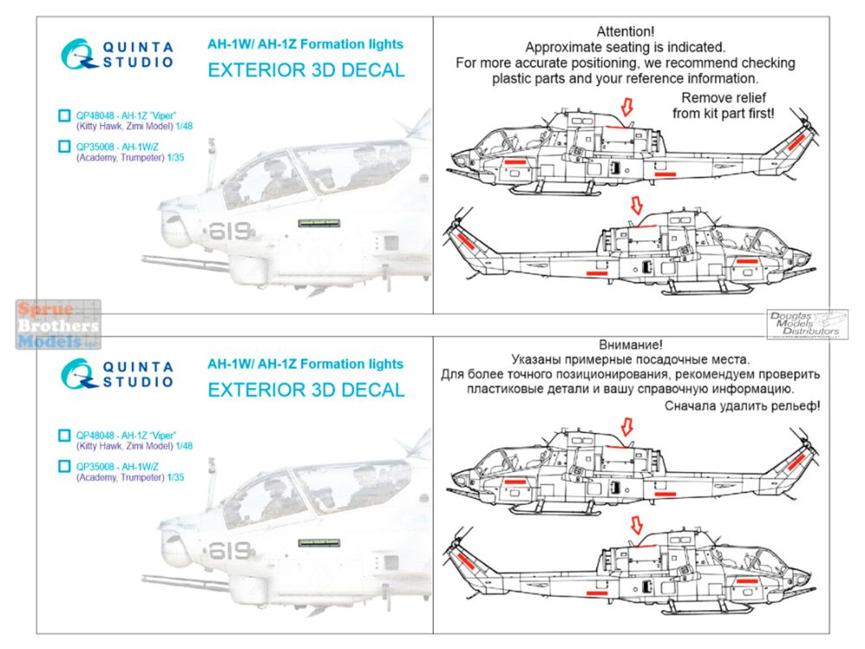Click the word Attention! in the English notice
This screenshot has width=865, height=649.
click(625, 31)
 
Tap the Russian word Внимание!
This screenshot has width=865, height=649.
click(631, 344)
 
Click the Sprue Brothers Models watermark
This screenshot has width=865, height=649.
click(57, 325)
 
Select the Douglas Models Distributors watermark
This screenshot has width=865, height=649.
click(807, 324)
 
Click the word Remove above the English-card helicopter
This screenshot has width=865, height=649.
click(705, 97)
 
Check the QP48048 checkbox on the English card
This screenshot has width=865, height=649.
click(64, 116)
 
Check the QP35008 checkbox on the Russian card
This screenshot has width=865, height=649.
click(64, 466)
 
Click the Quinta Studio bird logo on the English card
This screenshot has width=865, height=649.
click(76, 54)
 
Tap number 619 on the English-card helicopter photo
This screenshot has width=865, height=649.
click(230, 232)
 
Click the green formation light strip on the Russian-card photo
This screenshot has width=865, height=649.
click(319, 542)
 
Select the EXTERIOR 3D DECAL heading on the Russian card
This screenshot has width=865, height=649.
click(305, 390)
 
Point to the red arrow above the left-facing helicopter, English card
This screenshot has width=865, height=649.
click(626, 107)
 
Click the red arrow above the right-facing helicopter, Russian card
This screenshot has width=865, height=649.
click(635, 525)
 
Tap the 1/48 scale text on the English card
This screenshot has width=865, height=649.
click(184, 126)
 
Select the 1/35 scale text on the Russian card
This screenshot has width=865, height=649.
click(175, 477)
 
